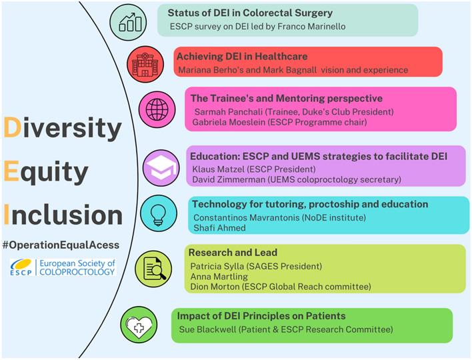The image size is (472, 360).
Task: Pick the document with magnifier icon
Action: (x=153, y=268)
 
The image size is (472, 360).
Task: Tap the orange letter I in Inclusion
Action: (x=7, y=215)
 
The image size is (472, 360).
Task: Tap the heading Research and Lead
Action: (x=232, y=253)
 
